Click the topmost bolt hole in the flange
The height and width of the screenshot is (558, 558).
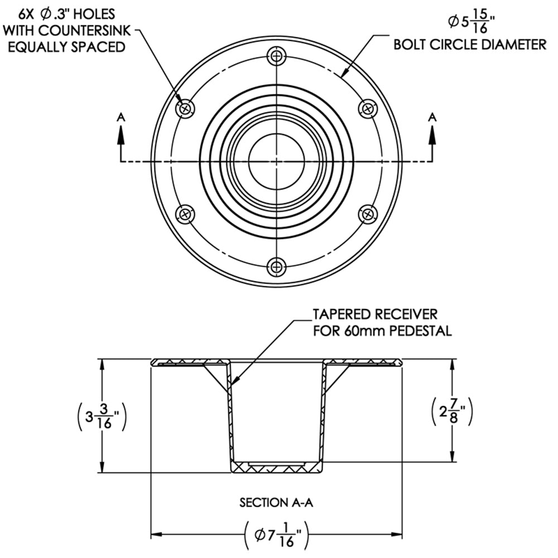pyautogui.click(x=277, y=56)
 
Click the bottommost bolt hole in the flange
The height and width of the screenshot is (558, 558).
pyautogui.click(x=277, y=266)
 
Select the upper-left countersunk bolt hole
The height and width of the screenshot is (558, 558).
pyautogui.click(x=185, y=108)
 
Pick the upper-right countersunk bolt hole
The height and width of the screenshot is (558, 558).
pyautogui.click(x=368, y=108)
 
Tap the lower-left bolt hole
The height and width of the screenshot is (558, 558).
pyautogui.click(x=185, y=214)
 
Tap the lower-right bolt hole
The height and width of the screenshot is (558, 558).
pyautogui.click(x=368, y=214)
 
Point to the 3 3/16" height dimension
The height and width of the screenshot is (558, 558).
pyautogui.click(x=101, y=416)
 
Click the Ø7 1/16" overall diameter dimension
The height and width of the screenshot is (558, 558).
pyautogui.click(x=277, y=536)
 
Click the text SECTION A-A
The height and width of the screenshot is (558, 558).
pyautogui.click(x=277, y=503)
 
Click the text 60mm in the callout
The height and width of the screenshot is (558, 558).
pyautogui.click(x=357, y=331)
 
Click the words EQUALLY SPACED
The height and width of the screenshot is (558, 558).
pyautogui.click(x=66, y=47)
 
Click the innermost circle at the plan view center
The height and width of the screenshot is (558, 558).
pyautogui.click(x=277, y=161)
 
